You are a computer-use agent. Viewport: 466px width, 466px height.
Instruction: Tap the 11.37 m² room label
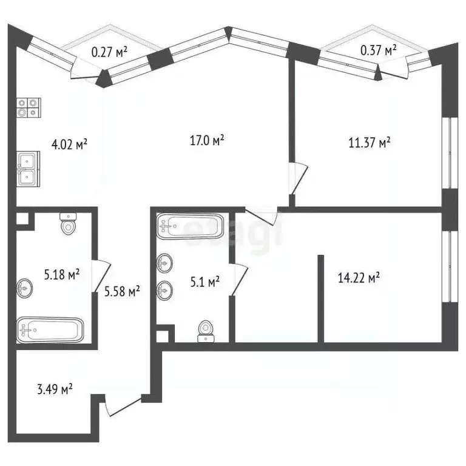point(368,143)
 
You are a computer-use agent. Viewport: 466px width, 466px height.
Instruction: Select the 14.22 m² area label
point(359,278)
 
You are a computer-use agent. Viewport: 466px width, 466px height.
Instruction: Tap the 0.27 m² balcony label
point(109,52)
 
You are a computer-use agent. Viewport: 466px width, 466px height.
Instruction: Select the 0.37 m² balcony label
point(379,49)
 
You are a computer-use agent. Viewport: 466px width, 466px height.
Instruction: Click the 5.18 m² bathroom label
point(62,275)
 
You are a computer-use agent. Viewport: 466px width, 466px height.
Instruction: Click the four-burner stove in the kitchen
point(28,107)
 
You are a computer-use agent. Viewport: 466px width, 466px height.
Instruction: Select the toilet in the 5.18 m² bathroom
point(68,225)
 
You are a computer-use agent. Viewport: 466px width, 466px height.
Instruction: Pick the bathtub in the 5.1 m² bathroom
point(190,228)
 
